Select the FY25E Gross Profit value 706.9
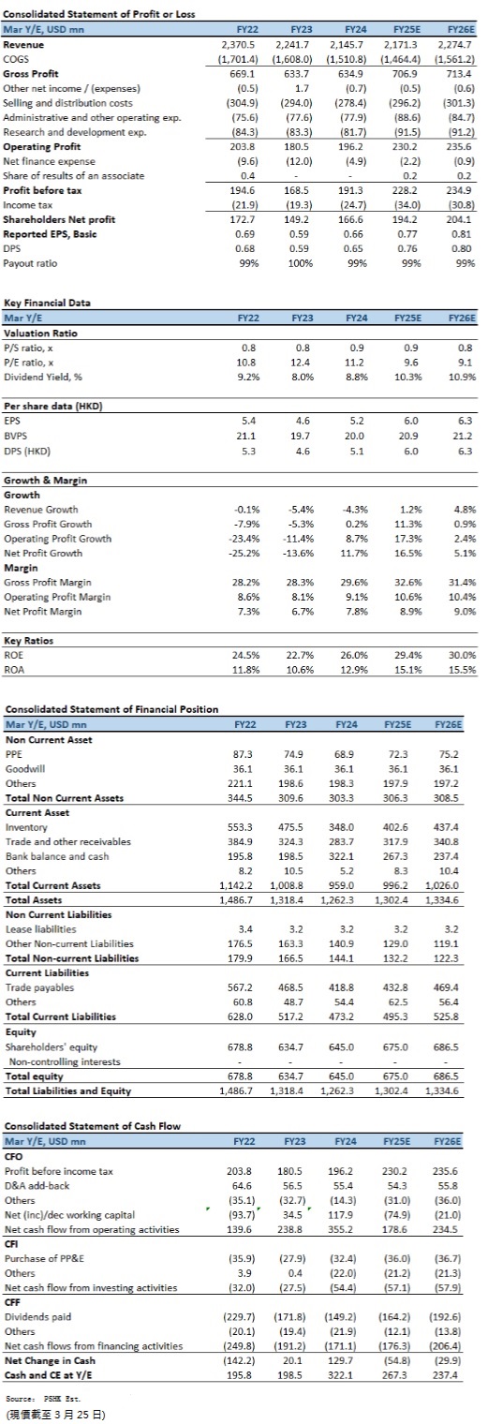click(x=405, y=74)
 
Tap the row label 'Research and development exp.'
click(x=74, y=132)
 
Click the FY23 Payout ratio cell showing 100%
click(x=301, y=263)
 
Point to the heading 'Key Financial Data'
click(x=47, y=303)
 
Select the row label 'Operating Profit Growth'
click(x=58, y=539)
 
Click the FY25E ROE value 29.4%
click(x=408, y=655)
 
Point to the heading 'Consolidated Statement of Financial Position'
click(x=111, y=709)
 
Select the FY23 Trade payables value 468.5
click(x=291, y=987)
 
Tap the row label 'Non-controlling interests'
click(x=65, y=1061)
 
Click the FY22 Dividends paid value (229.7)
click(x=241, y=1316)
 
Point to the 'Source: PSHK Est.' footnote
click(x=43, y=1399)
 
